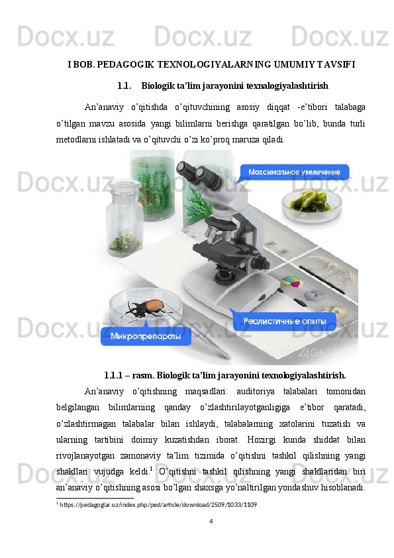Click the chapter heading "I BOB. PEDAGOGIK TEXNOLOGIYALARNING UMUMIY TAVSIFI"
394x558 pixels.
211,64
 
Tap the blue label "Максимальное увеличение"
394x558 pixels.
294,172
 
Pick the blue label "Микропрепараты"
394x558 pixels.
146,336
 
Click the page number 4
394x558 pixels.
211,521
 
